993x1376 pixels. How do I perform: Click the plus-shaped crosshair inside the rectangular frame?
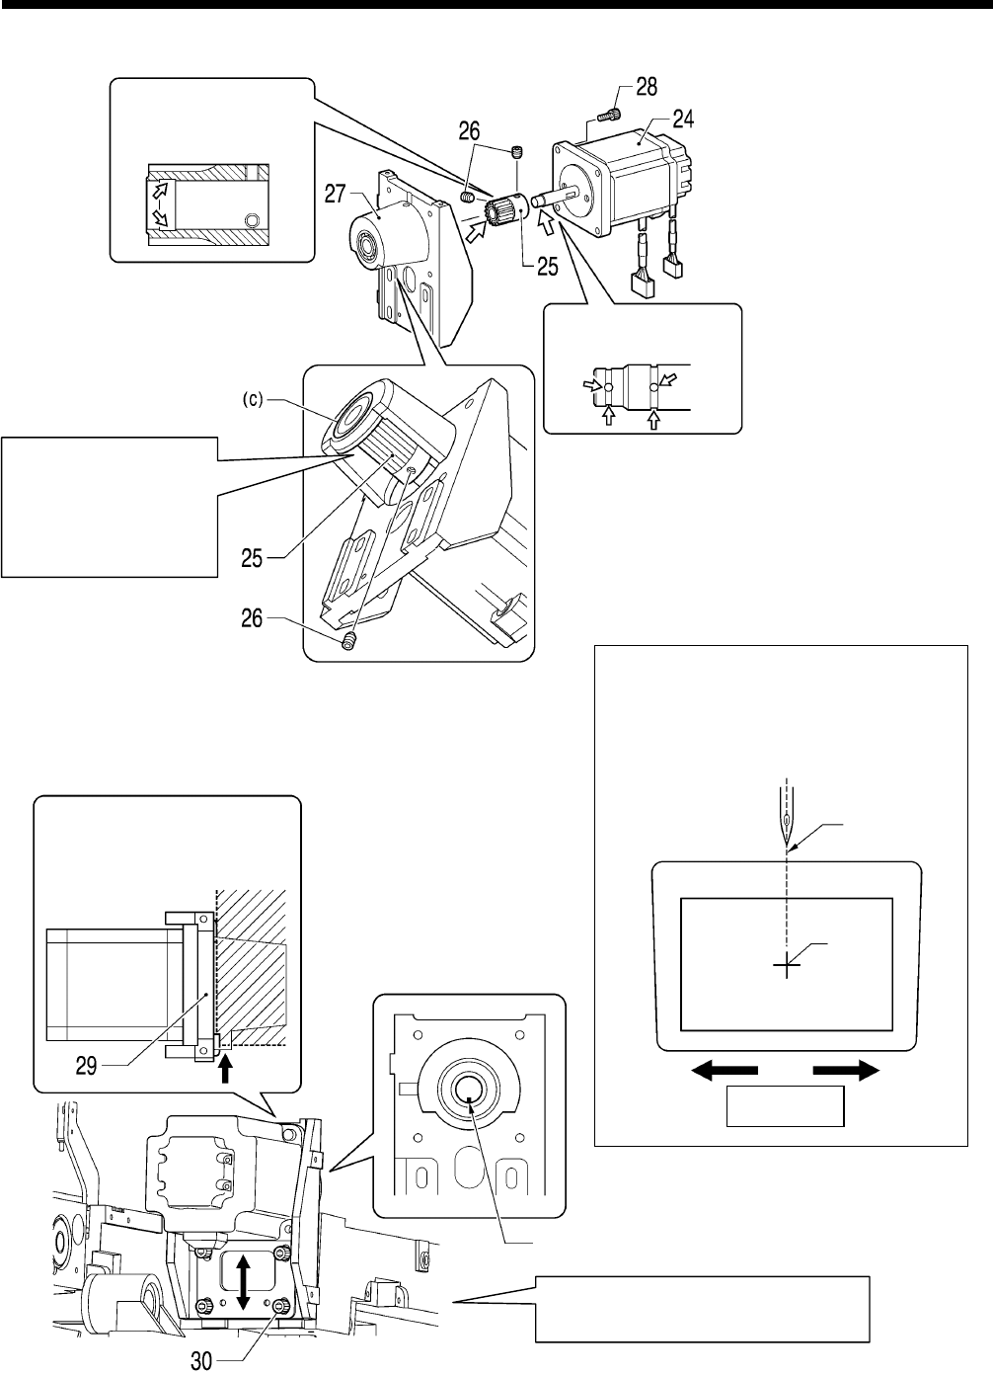(x=787, y=966)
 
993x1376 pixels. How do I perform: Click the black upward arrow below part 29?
(x=226, y=1068)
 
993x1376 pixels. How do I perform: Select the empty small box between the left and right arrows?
(x=786, y=1106)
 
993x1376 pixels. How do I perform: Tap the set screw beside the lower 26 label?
(x=347, y=643)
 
